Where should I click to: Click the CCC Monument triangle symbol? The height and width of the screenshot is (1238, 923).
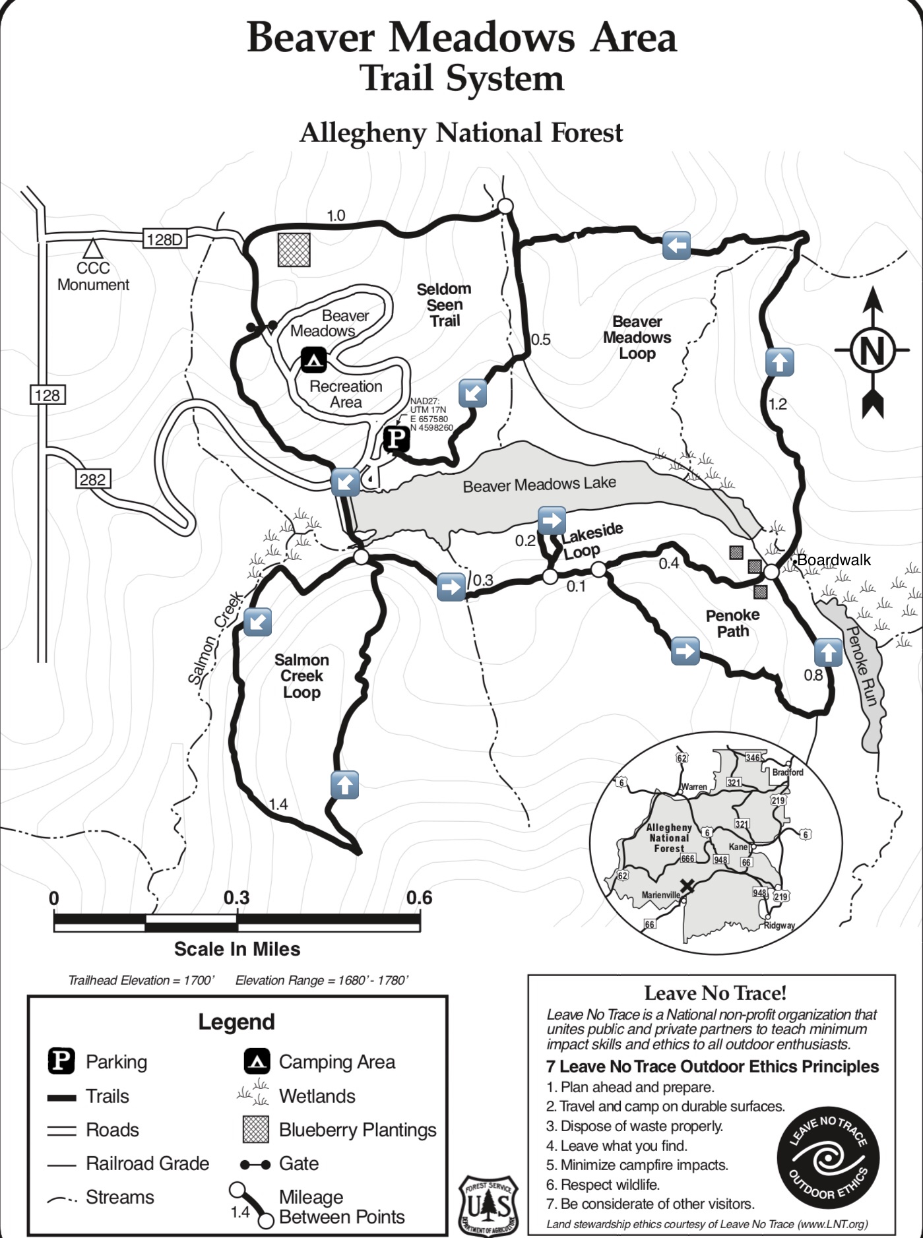tap(92, 249)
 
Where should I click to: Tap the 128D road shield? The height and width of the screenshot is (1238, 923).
tap(164, 239)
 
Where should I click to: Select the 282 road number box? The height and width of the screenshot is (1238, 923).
tap(92, 479)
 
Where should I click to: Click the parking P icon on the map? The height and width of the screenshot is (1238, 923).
tap(397, 439)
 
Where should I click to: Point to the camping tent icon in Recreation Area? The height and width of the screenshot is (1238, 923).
tap(313, 360)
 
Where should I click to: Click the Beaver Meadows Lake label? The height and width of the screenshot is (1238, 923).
tap(539, 485)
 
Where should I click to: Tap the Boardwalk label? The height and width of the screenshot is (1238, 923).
tap(834, 560)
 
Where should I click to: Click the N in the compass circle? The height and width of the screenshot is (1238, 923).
tap(872, 350)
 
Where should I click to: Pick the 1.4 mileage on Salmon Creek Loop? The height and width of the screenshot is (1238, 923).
tap(278, 804)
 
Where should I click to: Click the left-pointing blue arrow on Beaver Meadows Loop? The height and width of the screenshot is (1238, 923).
tap(676, 245)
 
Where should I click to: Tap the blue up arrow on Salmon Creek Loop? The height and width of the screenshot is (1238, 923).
tap(344, 785)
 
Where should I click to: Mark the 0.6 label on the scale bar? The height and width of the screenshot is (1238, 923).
tap(419, 898)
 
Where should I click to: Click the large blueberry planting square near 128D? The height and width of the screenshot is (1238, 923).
tap(294, 249)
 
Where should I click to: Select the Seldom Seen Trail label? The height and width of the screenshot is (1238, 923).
tap(444, 305)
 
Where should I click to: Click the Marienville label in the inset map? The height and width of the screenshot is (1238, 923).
tap(660, 895)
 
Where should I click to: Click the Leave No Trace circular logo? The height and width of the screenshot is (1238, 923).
tap(828, 1159)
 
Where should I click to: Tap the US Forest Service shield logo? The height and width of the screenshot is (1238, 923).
tap(488, 1205)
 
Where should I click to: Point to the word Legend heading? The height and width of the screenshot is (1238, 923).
tap(236, 1022)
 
